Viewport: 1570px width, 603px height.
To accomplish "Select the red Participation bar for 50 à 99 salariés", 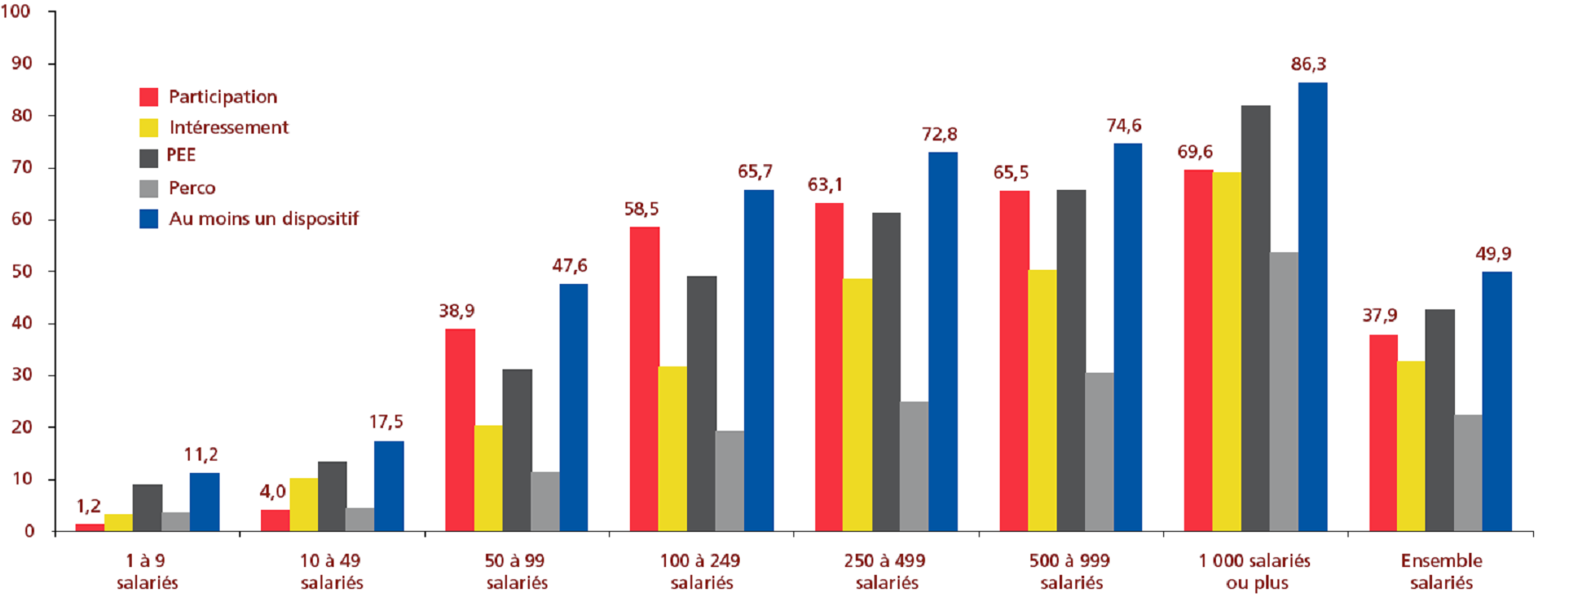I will coord(459,430).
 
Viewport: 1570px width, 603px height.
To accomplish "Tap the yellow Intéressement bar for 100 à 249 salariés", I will coord(672,448).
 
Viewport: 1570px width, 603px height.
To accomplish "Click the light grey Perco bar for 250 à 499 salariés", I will coord(914,466).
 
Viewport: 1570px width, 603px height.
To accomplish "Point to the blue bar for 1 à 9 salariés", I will coord(205,502).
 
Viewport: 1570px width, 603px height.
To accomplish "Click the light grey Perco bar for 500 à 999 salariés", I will coord(1099,452).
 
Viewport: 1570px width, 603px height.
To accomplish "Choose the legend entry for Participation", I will coord(222,97).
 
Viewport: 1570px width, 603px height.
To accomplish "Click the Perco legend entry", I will coord(192,188).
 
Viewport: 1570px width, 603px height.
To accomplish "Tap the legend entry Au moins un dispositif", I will coord(264,219).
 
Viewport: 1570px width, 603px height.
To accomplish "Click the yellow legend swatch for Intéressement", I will coord(148,127).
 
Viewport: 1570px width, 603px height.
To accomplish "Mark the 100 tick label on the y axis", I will coord(16,11).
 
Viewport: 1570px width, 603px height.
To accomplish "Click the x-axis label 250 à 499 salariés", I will coord(886,571).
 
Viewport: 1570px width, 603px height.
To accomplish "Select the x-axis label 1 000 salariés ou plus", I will coord(1255,571).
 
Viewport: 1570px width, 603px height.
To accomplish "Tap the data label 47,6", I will coord(569,265).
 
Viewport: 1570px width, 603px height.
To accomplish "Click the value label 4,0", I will coord(272,491).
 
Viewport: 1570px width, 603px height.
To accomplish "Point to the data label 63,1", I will coord(825,185).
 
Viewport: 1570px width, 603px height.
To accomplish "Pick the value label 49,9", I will coord(1493,254).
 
